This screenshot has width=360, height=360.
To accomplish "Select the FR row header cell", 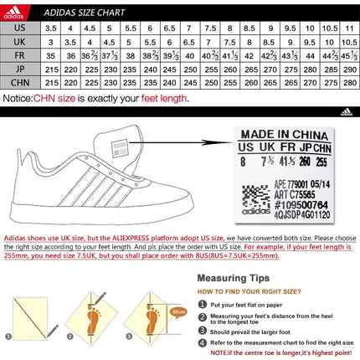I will tap(18, 56).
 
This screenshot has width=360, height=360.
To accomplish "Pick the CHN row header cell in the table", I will tap(18, 83).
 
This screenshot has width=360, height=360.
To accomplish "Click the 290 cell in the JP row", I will tap(348, 69).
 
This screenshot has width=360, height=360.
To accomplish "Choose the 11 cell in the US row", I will tap(348, 28).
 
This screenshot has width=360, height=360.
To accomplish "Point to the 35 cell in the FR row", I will tap(50, 56).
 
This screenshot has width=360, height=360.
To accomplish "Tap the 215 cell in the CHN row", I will tap(50, 83).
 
